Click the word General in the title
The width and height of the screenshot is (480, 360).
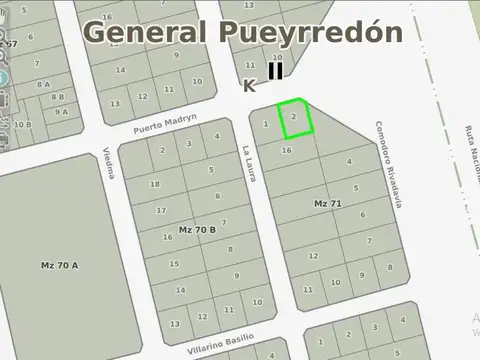[x=144, y=31]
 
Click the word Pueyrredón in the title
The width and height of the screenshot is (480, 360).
[x=310, y=33]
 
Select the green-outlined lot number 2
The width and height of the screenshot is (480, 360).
[x=293, y=117]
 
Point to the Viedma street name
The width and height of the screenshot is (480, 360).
[x=109, y=162]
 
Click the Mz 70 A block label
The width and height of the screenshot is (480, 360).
[x=60, y=265]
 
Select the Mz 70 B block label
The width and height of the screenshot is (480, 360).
[x=197, y=230]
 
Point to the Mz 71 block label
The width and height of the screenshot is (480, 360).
[x=327, y=204]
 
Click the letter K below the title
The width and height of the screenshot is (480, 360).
[x=249, y=87]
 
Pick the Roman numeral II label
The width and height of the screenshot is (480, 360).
[x=275, y=71]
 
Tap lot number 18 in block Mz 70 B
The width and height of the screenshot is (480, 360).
[x=154, y=185]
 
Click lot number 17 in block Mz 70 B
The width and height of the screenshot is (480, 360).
[x=161, y=210]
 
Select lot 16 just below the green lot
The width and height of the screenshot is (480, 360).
[x=287, y=150]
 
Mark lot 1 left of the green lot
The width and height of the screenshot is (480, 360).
[x=264, y=125]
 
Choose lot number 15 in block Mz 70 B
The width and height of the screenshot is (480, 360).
[x=174, y=264]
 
